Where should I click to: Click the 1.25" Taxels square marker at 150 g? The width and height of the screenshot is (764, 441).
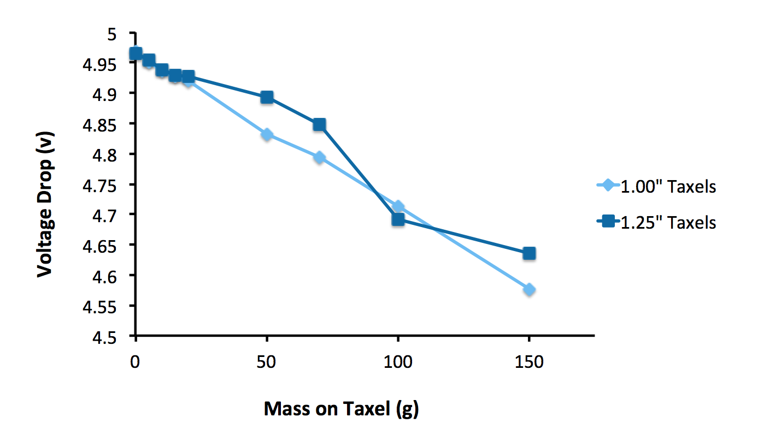(529, 253)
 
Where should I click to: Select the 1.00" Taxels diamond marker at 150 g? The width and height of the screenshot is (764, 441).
(529, 289)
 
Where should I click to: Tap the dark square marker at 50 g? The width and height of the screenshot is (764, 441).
(267, 97)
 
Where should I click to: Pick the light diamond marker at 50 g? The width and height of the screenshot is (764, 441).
(267, 134)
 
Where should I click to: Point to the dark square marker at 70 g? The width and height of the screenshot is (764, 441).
(319, 125)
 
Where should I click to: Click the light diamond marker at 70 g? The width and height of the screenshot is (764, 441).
(319, 158)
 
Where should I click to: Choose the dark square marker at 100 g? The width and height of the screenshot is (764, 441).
(398, 219)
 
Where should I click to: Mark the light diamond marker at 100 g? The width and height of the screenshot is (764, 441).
(398, 206)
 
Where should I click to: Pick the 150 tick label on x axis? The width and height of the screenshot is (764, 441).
(529, 362)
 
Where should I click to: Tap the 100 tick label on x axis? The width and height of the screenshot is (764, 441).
(398, 362)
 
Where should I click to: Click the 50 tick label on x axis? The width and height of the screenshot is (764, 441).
(267, 362)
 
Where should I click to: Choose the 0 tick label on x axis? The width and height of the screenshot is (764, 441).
(136, 362)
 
